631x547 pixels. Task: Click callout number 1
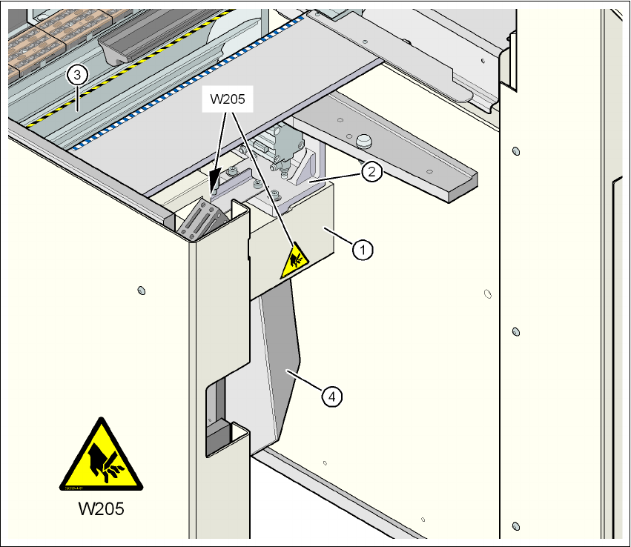tap(362, 251)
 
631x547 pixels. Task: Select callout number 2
tap(371, 172)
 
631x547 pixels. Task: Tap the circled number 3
tap(77, 74)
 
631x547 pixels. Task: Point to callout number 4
tap(331, 397)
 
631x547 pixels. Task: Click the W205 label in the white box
tap(228, 100)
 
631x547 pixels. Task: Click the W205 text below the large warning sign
tap(101, 510)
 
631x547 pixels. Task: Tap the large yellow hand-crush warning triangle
tap(101, 457)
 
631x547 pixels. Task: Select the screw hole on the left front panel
tap(142, 290)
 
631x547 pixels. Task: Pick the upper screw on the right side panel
tap(516, 151)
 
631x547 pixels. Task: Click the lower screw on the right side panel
tap(516, 331)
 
